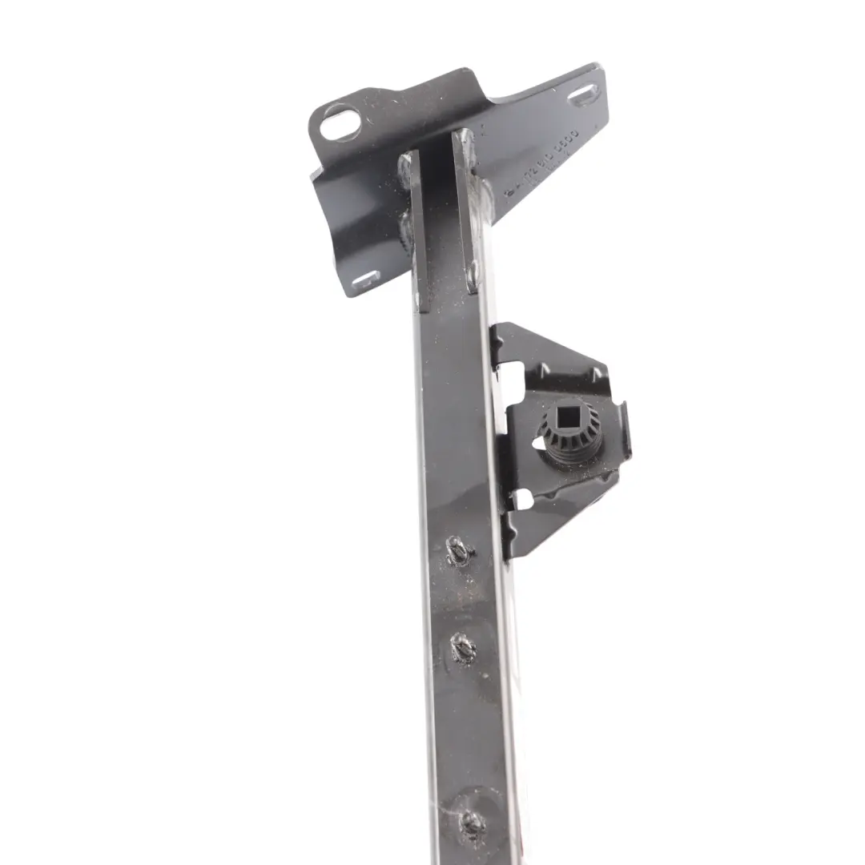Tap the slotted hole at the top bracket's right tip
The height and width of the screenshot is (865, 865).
[x=581, y=98]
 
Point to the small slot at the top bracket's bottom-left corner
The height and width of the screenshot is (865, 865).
[x=366, y=280]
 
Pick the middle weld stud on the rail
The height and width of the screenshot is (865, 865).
[x=462, y=646]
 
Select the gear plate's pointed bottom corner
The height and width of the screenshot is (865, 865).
[x=513, y=553]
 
